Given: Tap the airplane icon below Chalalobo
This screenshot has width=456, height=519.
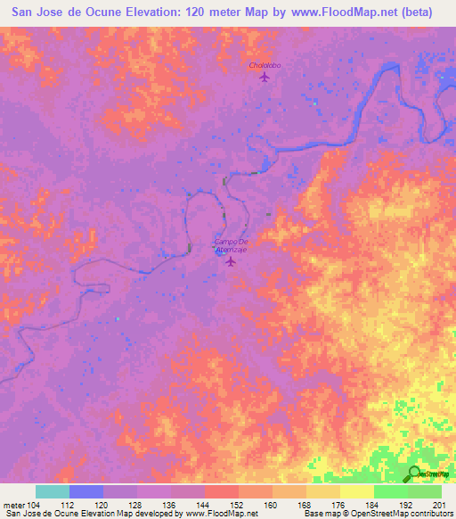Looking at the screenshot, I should tap(265, 77).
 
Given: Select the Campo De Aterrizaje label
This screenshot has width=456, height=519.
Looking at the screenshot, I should tap(230, 247).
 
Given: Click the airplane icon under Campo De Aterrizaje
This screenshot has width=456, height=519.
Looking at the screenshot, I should tap(232, 261).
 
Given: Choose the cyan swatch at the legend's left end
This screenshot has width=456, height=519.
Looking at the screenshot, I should tap(53, 491).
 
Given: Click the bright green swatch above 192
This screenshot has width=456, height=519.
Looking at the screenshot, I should tap(390, 491).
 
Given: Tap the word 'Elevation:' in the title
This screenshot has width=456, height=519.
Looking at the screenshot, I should tap(156, 12).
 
